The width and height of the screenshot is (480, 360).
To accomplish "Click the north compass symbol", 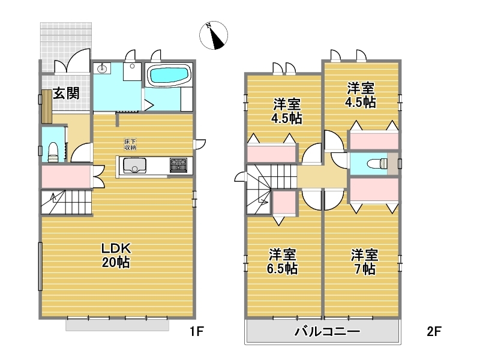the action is coord(214,35).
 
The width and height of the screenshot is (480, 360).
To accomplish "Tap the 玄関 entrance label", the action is coord(66,94).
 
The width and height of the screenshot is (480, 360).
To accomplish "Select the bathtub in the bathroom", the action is coord(169,75).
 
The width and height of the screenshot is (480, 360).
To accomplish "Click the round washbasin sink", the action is coord(101,69).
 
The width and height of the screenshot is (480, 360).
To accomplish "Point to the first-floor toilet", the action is coord(53,152).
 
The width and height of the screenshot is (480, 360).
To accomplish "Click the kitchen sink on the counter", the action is coord(134,166).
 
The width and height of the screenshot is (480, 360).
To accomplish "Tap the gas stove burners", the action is coord(178,166).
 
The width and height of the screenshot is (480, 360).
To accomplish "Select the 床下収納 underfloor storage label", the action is coord(130,145).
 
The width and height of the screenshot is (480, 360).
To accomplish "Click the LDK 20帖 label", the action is coord(116,256).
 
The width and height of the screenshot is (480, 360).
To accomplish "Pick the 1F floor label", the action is coord(197,331).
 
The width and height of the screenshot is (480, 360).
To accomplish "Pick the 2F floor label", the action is coord(434,331).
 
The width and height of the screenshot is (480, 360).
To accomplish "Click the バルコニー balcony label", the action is coord(327,332).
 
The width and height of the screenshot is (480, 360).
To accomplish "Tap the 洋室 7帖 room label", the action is coord(365,262).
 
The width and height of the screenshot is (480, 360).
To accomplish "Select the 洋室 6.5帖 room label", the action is coord(282,262).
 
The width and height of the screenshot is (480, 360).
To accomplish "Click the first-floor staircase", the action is coord(67,202).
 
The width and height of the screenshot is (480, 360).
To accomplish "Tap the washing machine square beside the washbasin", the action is coord(132,71).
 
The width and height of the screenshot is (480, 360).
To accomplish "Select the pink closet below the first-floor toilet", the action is coord(66,176).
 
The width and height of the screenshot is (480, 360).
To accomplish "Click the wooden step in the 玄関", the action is coord(47,107).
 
